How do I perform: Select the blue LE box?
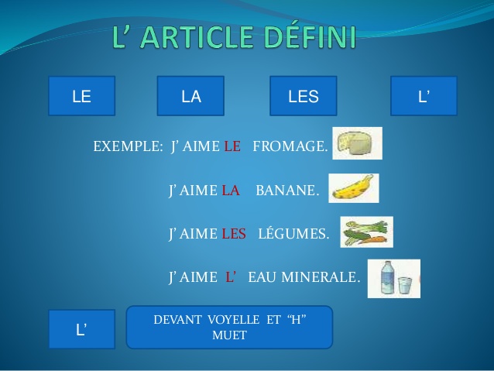click(81, 96)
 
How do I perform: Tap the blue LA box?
click(190, 96)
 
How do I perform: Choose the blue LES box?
click(303, 96)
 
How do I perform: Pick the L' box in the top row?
click(424, 96)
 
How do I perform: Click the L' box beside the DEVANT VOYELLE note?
click(81, 329)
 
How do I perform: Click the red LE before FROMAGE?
click(232, 146)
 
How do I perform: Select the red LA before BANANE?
click(231, 191)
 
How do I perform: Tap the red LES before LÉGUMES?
click(234, 234)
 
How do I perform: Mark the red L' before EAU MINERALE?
click(231, 277)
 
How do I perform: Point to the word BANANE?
click(287, 191)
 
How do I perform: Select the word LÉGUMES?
click(293, 234)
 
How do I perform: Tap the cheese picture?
click(357, 143)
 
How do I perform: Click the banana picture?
click(353, 188)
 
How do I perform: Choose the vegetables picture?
click(366, 232)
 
